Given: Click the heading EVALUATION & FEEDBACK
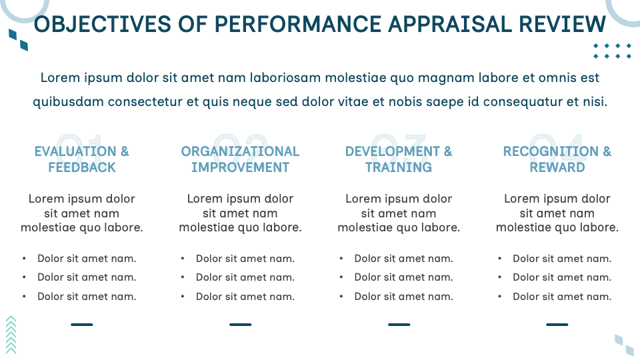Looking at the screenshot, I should click(82, 159).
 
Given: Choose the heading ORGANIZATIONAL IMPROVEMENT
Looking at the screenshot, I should click(240, 159).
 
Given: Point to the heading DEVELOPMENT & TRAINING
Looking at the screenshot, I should click(399, 159).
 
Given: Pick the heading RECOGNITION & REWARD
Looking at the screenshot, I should click(557, 159).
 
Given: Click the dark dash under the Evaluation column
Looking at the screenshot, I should click(82, 325).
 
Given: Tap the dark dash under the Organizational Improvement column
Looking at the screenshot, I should click(240, 325).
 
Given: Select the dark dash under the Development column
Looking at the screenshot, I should click(399, 325).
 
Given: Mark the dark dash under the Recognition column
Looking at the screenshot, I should click(557, 325).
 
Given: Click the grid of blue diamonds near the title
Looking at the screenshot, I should click(612, 51).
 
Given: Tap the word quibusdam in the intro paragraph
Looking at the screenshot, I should click(63, 103).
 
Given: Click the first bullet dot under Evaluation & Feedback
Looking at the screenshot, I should click(25, 259).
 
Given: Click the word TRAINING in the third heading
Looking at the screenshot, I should click(399, 167).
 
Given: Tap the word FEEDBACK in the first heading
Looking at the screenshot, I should click(82, 167).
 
